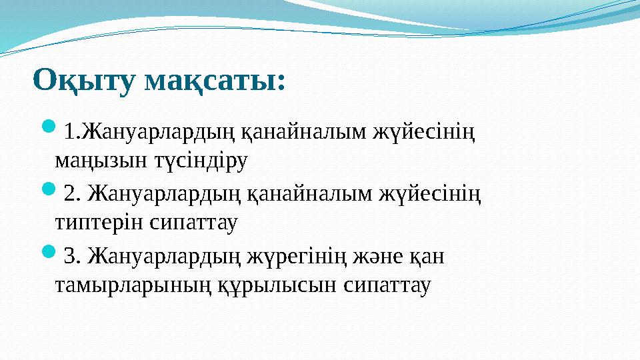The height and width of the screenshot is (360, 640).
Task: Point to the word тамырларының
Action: (x=133, y=285)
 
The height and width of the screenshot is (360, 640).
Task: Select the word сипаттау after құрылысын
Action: (x=387, y=285)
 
